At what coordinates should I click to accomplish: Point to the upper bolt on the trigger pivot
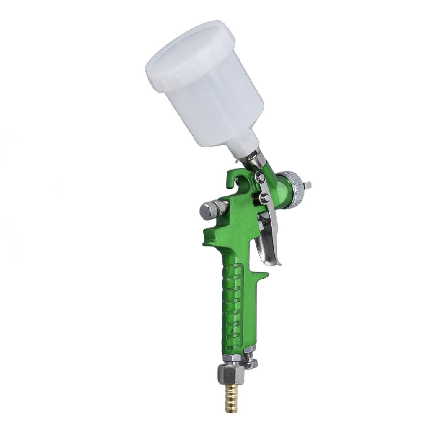point(260,177)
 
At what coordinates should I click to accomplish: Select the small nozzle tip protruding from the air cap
point(309,184)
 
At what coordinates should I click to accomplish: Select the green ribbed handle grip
point(233,306)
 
